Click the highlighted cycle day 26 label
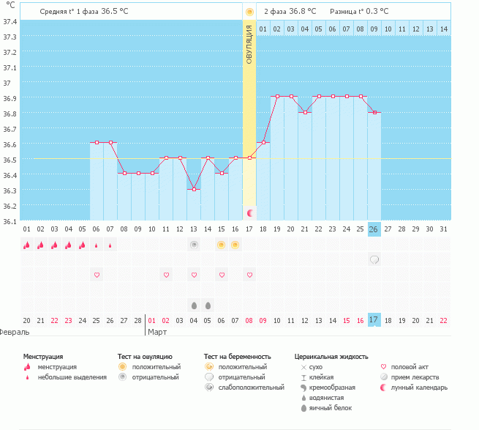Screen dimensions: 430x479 374,229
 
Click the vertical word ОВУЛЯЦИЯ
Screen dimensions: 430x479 249,45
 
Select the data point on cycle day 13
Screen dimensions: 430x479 194,189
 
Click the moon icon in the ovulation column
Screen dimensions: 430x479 249,212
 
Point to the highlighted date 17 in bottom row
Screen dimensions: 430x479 374,320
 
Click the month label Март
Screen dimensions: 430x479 158,332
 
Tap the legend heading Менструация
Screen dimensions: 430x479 43,356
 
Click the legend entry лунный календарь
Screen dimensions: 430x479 419,388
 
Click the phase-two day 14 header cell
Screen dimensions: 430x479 443,29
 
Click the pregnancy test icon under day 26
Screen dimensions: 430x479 374,259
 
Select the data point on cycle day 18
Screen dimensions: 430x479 263,143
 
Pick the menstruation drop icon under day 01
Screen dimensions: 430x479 26,245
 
